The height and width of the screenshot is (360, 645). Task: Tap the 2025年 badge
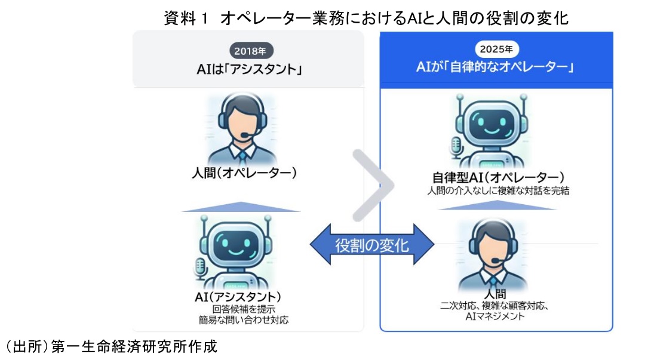[497, 48]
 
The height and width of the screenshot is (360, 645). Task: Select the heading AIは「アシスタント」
[248, 70]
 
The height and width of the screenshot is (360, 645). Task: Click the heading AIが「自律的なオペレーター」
[496, 67]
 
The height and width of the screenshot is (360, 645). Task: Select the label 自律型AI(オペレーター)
[497, 178]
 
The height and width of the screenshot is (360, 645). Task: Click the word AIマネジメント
[494, 317]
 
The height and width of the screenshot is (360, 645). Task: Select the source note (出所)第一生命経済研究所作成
[111, 347]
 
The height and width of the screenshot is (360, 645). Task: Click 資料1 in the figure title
[185, 18]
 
